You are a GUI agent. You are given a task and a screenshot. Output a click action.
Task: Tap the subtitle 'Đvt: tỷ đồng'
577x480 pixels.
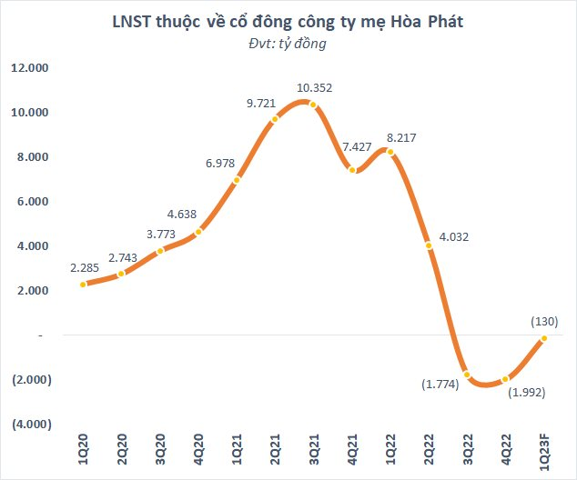(x=288, y=43)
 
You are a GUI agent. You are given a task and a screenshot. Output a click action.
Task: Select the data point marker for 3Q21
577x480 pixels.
(x=313, y=105)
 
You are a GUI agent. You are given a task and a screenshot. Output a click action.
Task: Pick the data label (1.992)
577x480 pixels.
(x=528, y=394)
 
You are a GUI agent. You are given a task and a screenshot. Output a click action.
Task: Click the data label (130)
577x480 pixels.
(x=543, y=321)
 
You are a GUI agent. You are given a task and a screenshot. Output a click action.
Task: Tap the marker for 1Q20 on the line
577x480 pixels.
(x=83, y=285)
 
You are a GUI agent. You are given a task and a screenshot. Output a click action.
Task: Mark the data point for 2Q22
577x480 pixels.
(x=428, y=245)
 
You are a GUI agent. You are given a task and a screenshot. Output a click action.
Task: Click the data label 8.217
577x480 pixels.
(x=403, y=137)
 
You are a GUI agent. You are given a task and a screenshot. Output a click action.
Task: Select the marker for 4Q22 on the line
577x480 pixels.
(x=505, y=379)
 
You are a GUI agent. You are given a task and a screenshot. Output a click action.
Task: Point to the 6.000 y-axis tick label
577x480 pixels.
(x=33, y=202)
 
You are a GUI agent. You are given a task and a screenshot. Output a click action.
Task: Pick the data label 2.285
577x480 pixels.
(x=87, y=268)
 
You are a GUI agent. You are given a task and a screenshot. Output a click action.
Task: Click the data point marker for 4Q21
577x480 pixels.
(x=352, y=170)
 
